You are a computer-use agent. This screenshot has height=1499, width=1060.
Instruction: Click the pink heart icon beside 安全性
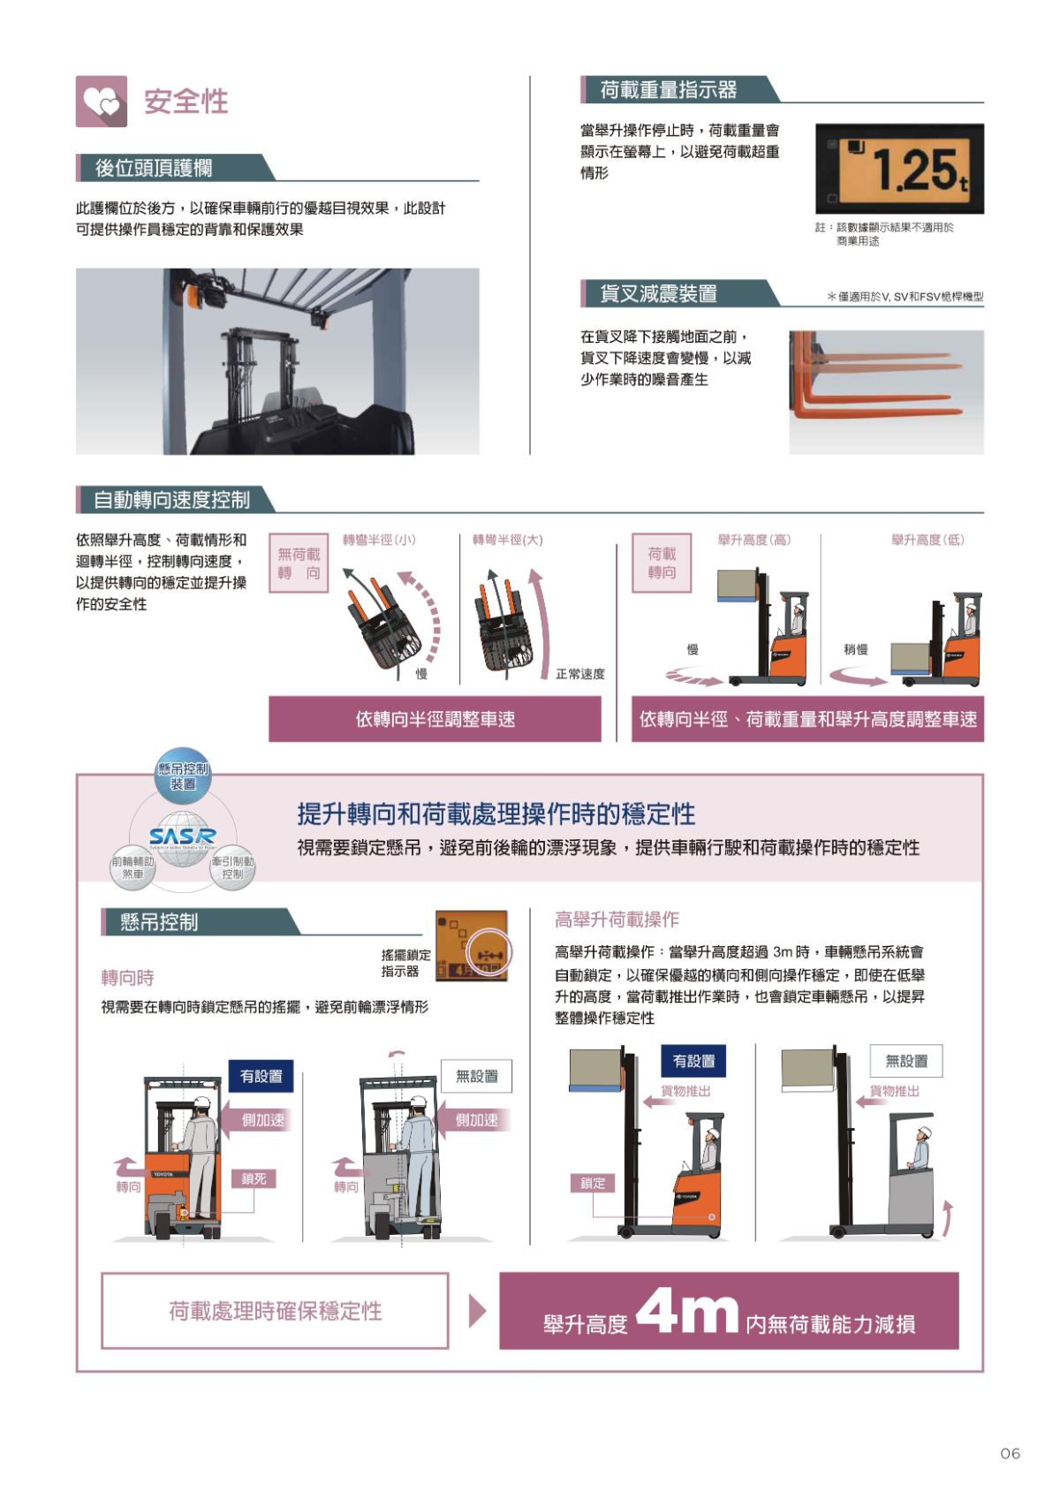102,102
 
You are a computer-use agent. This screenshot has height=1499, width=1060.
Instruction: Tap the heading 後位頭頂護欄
154,168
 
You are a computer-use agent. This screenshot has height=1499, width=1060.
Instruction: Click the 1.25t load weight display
898,169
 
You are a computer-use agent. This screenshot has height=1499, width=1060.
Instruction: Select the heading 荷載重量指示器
668,90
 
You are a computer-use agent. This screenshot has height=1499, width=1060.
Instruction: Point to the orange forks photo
886,391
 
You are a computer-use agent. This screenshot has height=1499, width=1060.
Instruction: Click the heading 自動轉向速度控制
171,500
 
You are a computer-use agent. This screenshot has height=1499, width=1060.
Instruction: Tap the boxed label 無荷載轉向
299,564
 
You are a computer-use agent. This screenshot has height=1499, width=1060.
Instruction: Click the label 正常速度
580,674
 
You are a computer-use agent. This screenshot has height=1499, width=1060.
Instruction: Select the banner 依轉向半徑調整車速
435,719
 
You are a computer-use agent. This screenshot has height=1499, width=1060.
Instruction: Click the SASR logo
182,836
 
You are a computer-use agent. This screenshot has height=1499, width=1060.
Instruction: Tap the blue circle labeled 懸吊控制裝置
183,776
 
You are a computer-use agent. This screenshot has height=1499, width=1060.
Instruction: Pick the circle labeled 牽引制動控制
232,867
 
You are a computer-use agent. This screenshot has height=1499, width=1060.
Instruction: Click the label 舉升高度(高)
753,540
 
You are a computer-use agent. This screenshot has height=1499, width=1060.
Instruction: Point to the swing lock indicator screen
472,946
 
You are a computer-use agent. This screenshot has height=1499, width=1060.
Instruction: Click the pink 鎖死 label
254,1178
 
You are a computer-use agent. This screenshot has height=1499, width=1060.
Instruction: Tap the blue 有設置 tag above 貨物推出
693,1061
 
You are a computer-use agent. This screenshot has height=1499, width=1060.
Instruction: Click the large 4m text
686,1312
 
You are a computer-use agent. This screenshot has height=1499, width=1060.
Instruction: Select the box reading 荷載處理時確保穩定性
275,1311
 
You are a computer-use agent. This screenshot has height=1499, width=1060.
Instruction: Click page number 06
1010,1453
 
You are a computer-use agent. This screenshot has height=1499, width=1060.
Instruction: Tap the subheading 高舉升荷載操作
617,920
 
